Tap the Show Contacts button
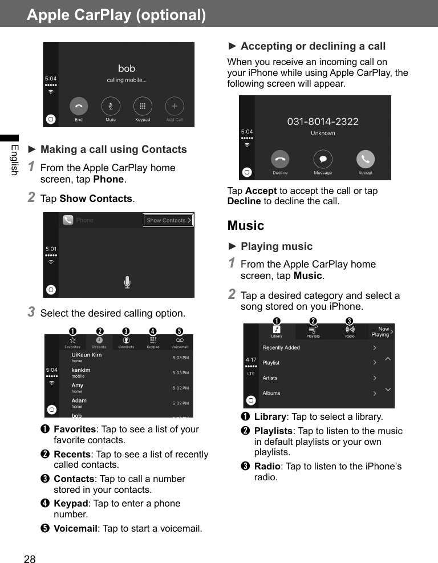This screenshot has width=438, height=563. coord(168,220)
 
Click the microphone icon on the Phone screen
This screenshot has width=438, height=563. coord(127,282)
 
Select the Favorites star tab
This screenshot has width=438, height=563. coord(72,341)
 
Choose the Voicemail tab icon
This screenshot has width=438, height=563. coord(180,341)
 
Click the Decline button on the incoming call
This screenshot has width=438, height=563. coord(280,160)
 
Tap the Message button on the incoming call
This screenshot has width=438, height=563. coord(323,160)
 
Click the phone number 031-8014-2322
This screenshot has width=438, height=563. coord(323,121)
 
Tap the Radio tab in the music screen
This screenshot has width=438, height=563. coord(350,330)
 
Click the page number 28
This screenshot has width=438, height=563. coord(30,559)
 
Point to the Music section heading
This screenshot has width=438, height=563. coord(246,225)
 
